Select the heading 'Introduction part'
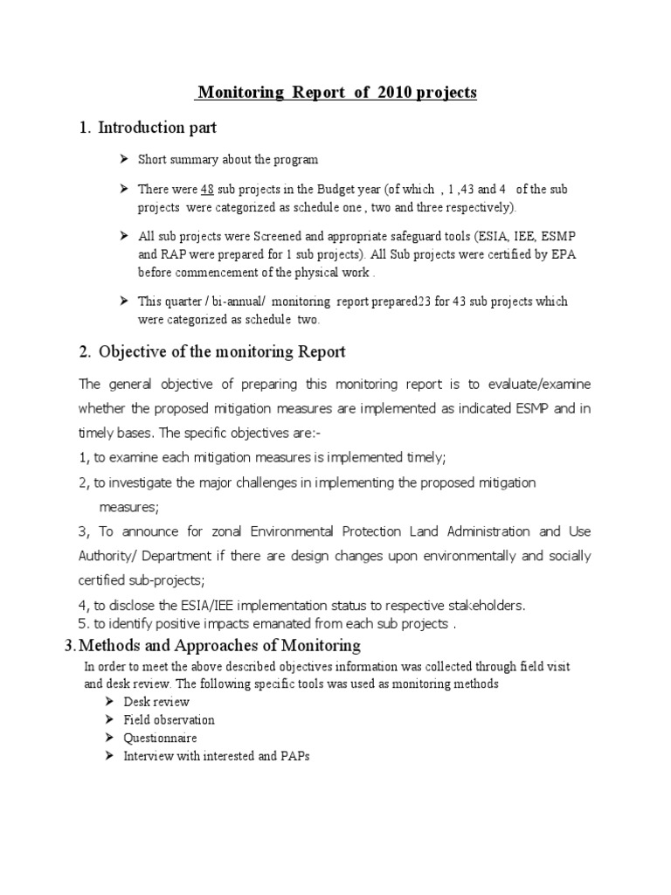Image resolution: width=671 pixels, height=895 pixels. [157, 128]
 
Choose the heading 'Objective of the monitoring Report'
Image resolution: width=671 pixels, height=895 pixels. [222, 352]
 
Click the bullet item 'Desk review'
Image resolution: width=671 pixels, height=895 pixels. [156, 702]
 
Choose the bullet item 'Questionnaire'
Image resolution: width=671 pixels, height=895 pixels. [160, 739]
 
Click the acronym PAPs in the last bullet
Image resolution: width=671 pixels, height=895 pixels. [294, 756]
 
